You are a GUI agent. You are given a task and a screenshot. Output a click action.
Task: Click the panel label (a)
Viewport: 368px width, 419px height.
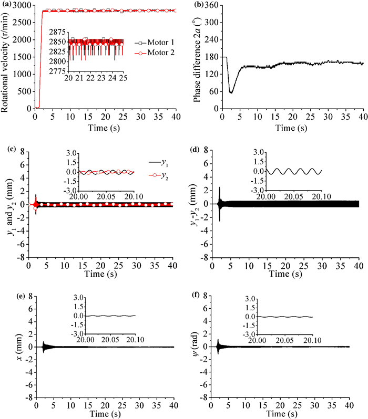click(8, 5)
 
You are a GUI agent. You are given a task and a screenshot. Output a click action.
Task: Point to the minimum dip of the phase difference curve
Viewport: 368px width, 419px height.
click(231, 92)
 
